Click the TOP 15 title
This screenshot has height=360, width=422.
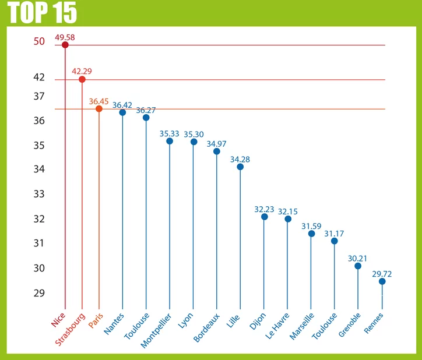43,13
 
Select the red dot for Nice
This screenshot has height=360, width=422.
65,45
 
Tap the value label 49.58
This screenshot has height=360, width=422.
65,37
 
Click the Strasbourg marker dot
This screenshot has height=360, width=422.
82,79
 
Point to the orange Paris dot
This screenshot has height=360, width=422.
99,108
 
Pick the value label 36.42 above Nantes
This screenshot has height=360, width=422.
122,105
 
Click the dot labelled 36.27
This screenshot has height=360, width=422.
146,118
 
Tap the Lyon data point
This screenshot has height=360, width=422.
194,142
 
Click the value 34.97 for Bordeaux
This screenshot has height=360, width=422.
217,143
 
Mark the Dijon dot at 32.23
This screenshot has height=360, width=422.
265,217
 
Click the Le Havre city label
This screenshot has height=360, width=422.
279,326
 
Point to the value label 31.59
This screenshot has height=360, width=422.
311,226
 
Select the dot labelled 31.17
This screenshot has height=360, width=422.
335,241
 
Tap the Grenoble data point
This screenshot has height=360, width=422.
358,266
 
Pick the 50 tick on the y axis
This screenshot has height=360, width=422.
39,41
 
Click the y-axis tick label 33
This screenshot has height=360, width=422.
39,193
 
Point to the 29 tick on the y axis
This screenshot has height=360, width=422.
39,293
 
